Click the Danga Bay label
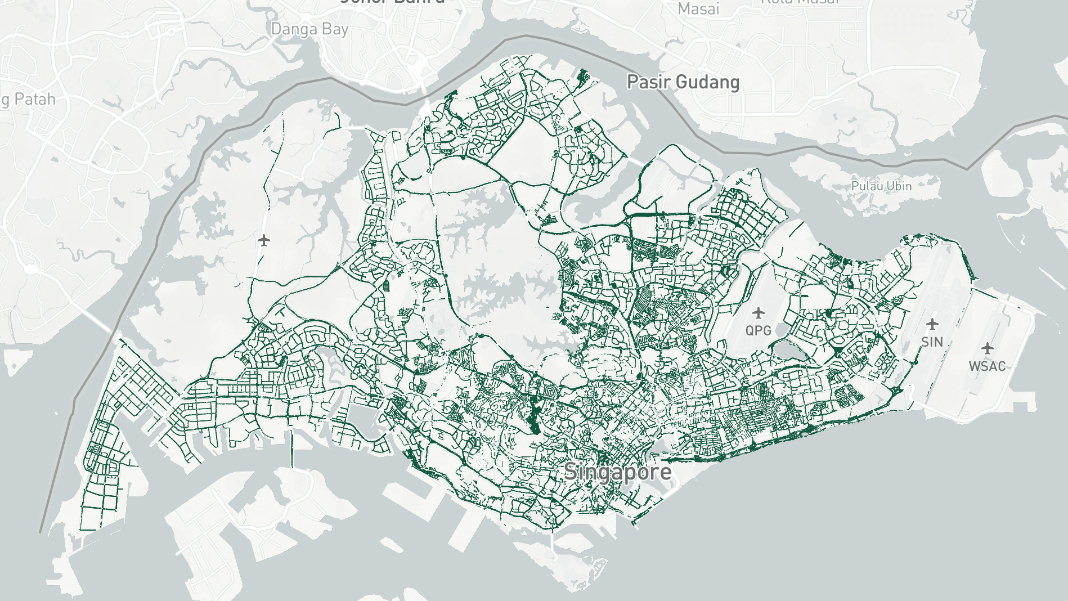(x=309, y=29)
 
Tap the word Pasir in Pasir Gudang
(x=648, y=82)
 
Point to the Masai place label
(x=698, y=8)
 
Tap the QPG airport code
(x=758, y=330)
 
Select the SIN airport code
(x=932, y=342)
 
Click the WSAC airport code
(x=987, y=366)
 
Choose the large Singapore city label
(x=617, y=472)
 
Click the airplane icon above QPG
(x=759, y=312)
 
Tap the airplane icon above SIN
(x=932, y=324)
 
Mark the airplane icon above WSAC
(x=987, y=348)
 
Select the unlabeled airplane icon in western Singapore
(x=264, y=241)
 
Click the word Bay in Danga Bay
(x=335, y=29)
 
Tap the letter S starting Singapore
(x=571, y=472)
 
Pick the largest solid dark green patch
(x=533, y=414)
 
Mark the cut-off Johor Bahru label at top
(x=392, y=2)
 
